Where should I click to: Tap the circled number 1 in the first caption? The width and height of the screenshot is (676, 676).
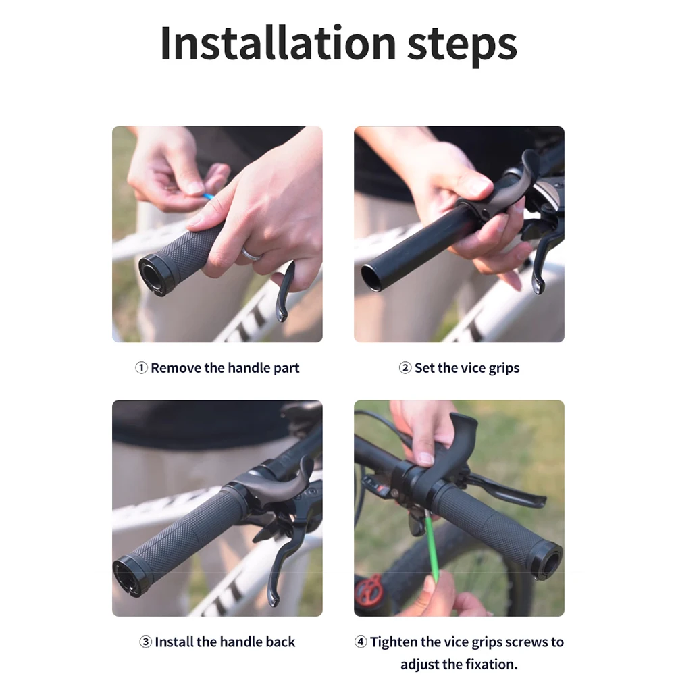pyautogui.click(x=141, y=368)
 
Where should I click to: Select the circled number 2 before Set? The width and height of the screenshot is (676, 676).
pyautogui.click(x=405, y=368)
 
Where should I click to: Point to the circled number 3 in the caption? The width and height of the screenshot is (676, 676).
pyautogui.click(x=145, y=642)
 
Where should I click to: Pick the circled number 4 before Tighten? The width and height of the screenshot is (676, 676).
pyautogui.click(x=361, y=642)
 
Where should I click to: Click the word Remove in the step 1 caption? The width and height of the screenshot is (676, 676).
pyautogui.click(x=176, y=368)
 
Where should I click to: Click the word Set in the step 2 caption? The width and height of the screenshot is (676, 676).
pyautogui.click(x=425, y=368)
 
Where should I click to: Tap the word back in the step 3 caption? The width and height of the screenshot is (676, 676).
pyautogui.click(x=280, y=642)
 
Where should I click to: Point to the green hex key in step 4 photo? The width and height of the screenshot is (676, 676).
pyautogui.click(x=430, y=550)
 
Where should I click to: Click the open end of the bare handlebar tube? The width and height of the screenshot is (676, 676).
pyautogui.click(x=371, y=278)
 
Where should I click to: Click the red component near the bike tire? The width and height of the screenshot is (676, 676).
pyautogui.click(x=369, y=591)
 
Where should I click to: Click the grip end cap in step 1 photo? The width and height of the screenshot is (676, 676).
pyautogui.click(x=152, y=274)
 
